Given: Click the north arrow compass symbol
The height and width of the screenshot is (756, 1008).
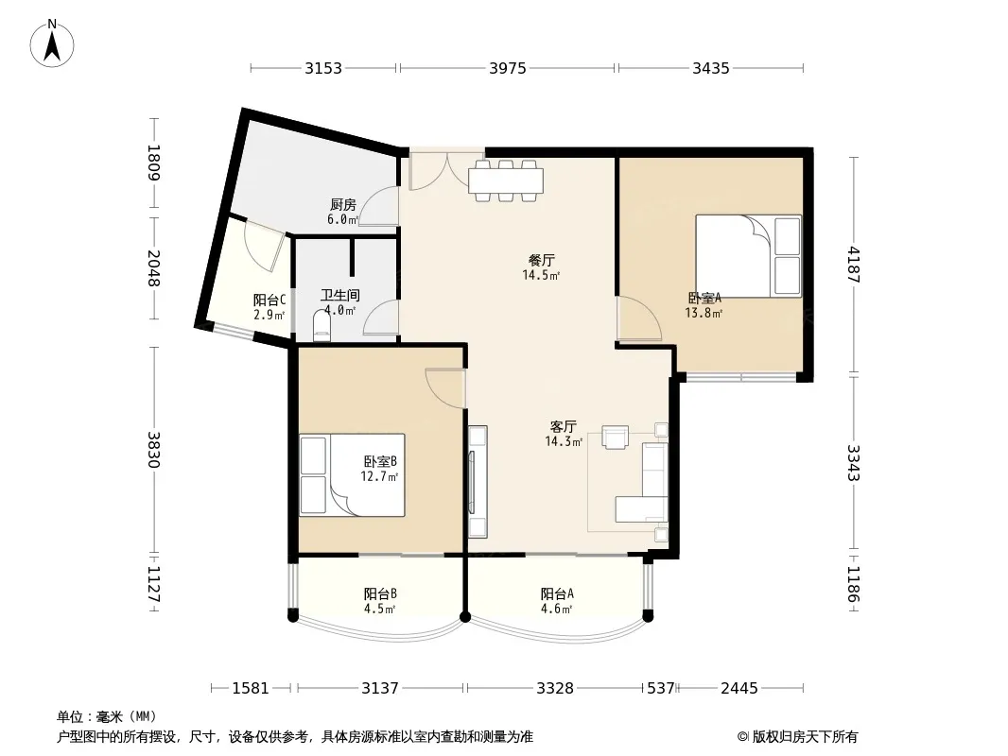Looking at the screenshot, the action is click(x=52, y=43).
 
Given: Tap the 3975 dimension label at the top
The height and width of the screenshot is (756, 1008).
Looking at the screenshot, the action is click(x=507, y=68).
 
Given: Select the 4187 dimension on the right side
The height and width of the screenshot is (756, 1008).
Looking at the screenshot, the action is click(x=854, y=265).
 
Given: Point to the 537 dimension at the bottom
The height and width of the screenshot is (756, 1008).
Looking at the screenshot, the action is click(x=660, y=689).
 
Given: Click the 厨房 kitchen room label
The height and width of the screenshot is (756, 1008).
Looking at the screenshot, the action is click(x=342, y=205).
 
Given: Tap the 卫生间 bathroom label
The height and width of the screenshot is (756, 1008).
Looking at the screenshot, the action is click(x=340, y=296).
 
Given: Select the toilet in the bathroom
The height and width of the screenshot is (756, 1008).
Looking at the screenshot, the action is click(x=322, y=326).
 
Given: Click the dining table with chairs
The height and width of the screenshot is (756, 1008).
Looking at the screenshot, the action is click(x=506, y=180).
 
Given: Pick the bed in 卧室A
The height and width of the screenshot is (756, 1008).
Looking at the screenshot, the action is click(x=749, y=256).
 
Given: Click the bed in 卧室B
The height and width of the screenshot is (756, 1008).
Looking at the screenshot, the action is click(x=353, y=474).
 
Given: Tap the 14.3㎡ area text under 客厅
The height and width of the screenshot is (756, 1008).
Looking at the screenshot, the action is click(x=564, y=442).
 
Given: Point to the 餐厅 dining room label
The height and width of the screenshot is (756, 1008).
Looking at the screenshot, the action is click(x=541, y=260).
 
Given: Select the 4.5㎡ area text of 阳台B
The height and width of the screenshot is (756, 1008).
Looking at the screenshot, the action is click(x=379, y=609).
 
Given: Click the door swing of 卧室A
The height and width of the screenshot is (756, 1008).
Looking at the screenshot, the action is click(x=638, y=318).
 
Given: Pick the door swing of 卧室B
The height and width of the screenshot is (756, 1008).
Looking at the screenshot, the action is click(x=445, y=388).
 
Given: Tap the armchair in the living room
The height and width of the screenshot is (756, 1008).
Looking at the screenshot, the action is click(x=616, y=437).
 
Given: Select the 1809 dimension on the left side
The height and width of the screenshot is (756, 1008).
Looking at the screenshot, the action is click(x=154, y=163).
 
